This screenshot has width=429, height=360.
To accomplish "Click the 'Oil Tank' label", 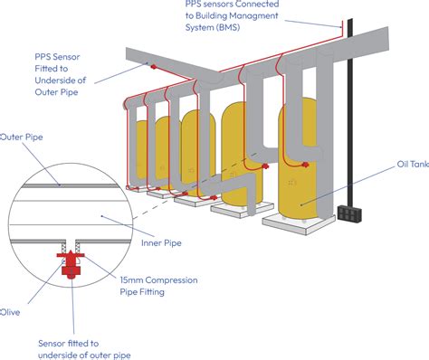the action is [x=413, y=164].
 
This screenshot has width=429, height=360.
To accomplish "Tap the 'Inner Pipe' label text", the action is [x=161, y=243].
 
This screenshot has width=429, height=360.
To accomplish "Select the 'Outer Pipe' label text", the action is [x=22, y=137].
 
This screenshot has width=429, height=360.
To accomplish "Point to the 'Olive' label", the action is [x=10, y=312].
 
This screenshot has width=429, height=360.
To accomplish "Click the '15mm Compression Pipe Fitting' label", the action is [x=158, y=286].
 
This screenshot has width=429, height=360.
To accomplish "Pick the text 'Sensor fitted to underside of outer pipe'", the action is [x=84, y=349].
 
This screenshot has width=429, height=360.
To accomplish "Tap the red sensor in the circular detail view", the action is [x=71, y=263].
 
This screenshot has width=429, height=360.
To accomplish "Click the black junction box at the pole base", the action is [x=349, y=213].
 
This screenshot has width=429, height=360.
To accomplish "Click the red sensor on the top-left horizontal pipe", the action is [x=154, y=67].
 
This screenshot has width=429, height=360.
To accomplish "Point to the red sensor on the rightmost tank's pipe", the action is [x=305, y=165].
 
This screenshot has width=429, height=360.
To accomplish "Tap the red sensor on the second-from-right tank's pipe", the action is [x=265, y=166].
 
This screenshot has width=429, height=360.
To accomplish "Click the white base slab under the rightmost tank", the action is [x=299, y=224].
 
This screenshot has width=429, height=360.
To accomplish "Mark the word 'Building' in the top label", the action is [x=213, y=15].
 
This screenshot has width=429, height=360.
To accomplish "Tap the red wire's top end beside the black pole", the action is [x=342, y=21].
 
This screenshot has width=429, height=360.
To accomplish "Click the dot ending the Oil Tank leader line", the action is [x=301, y=205].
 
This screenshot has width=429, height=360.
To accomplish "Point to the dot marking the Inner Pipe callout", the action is [x=102, y=216].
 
